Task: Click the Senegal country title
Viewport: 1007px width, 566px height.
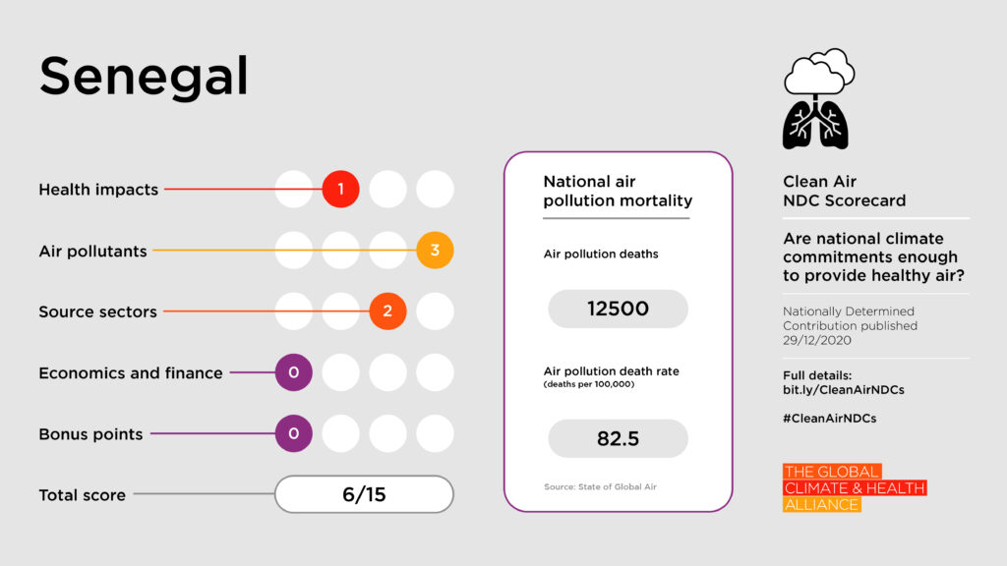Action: (x=144, y=77)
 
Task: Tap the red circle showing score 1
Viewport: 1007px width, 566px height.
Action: (x=340, y=190)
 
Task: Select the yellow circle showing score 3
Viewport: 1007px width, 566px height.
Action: (x=435, y=251)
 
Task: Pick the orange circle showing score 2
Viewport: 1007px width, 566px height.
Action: (x=387, y=311)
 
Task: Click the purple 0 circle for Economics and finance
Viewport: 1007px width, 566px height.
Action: (x=293, y=372)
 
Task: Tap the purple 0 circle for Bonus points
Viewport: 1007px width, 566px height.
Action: (x=293, y=433)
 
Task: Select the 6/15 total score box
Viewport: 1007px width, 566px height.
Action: (x=364, y=494)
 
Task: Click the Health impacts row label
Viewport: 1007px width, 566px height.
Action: (x=98, y=190)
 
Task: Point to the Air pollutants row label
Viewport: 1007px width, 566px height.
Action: (x=92, y=251)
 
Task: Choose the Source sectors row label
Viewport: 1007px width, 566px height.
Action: (x=97, y=311)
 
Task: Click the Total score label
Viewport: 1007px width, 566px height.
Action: (x=82, y=495)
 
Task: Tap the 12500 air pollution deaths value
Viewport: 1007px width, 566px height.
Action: (x=618, y=309)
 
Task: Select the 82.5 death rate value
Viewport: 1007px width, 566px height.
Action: (x=618, y=438)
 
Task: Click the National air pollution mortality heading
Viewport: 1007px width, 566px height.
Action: (x=618, y=192)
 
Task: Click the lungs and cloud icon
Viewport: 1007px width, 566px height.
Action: (x=816, y=98)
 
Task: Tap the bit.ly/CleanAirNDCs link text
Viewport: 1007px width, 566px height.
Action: (x=843, y=390)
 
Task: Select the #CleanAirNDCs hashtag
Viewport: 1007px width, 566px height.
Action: (x=829, y=418)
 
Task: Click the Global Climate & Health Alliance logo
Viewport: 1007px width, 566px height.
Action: (x=854, y=488)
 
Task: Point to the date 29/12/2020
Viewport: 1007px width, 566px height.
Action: (x=816, y=341)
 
